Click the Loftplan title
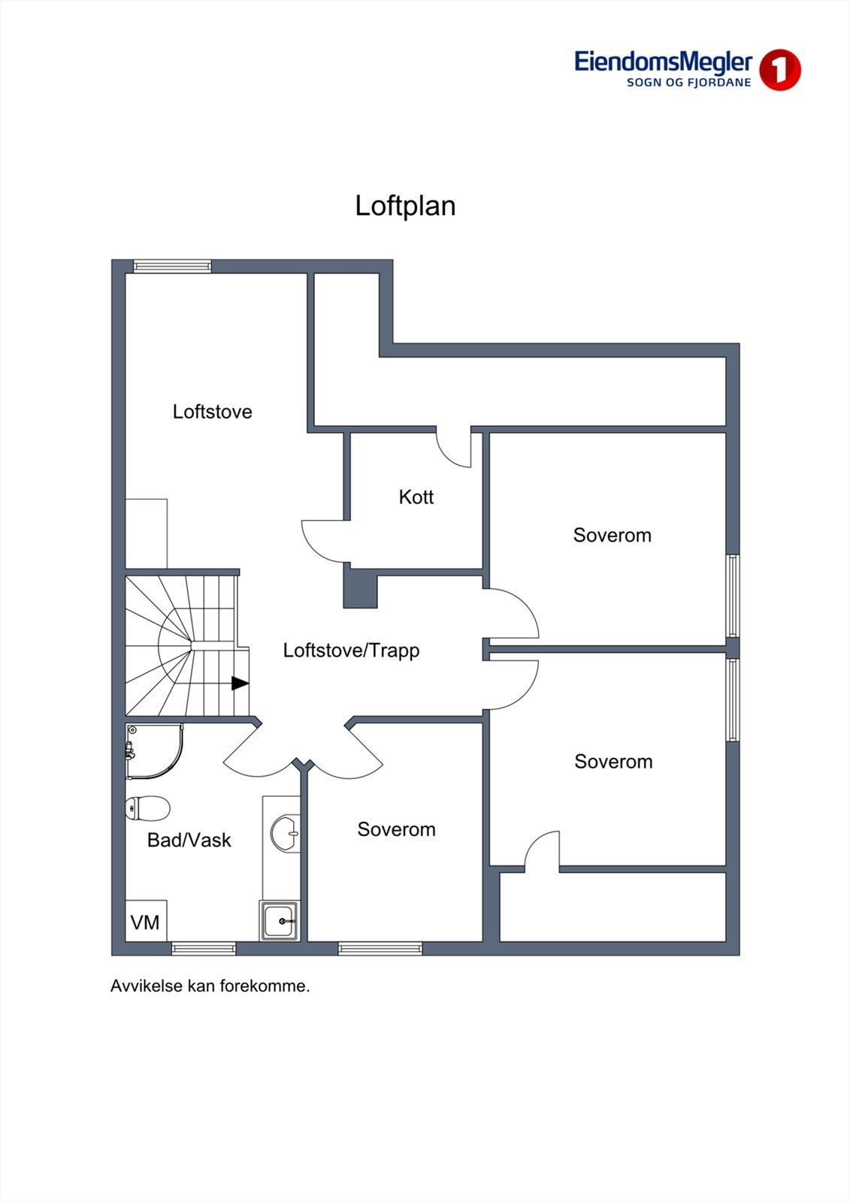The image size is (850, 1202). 405,206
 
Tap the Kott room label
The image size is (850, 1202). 416,497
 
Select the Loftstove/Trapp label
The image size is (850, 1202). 351,650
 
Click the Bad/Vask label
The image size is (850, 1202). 189,840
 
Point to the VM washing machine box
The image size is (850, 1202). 146,921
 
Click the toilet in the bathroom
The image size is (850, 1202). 147,808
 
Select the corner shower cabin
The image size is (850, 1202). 153,751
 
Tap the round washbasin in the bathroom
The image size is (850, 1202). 285,833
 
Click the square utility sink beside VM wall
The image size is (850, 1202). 280,920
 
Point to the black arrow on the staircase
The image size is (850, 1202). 240,683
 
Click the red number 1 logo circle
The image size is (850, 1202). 779,70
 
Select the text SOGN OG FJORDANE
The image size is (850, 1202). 688,83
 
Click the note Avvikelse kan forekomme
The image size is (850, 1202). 210,986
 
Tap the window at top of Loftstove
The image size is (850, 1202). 172,266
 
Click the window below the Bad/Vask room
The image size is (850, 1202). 204,949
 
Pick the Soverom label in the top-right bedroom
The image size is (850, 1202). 612,535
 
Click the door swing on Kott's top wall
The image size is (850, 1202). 455,450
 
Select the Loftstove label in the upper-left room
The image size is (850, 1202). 212,412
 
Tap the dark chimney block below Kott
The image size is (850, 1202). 360,588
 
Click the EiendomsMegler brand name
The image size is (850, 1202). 663,62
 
